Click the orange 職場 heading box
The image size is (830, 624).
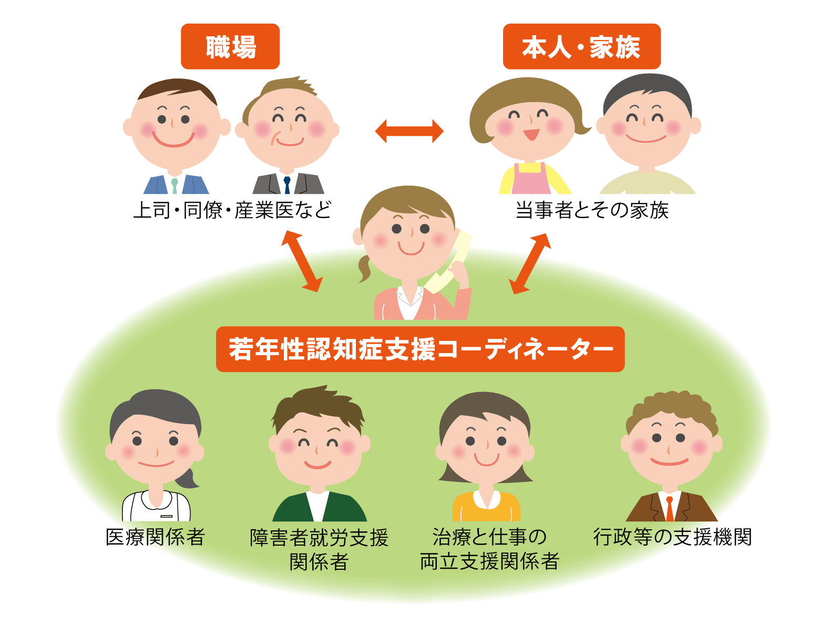point(230,46)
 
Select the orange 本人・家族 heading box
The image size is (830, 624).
point(581,46)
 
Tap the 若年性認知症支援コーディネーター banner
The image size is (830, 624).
point(420,349)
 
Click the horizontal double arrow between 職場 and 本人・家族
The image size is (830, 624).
point(409,132)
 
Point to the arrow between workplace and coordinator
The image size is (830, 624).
point(302,261)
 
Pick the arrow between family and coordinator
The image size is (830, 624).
point(530,264)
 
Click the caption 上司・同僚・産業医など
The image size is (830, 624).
point(232,210)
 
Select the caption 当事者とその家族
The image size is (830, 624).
point(592,210)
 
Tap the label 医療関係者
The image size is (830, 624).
point(156,537)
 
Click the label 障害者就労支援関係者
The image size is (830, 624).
point(319,549)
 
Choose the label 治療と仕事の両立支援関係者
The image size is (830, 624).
point(489,549)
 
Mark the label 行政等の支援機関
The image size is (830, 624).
point(672,537)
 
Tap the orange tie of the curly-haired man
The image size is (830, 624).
point(670,509)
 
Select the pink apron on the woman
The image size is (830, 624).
point(531,178)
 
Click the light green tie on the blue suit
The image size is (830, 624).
point(175,186)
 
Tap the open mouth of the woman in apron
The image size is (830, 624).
point(531,134)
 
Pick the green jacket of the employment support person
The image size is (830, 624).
point(320,507)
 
